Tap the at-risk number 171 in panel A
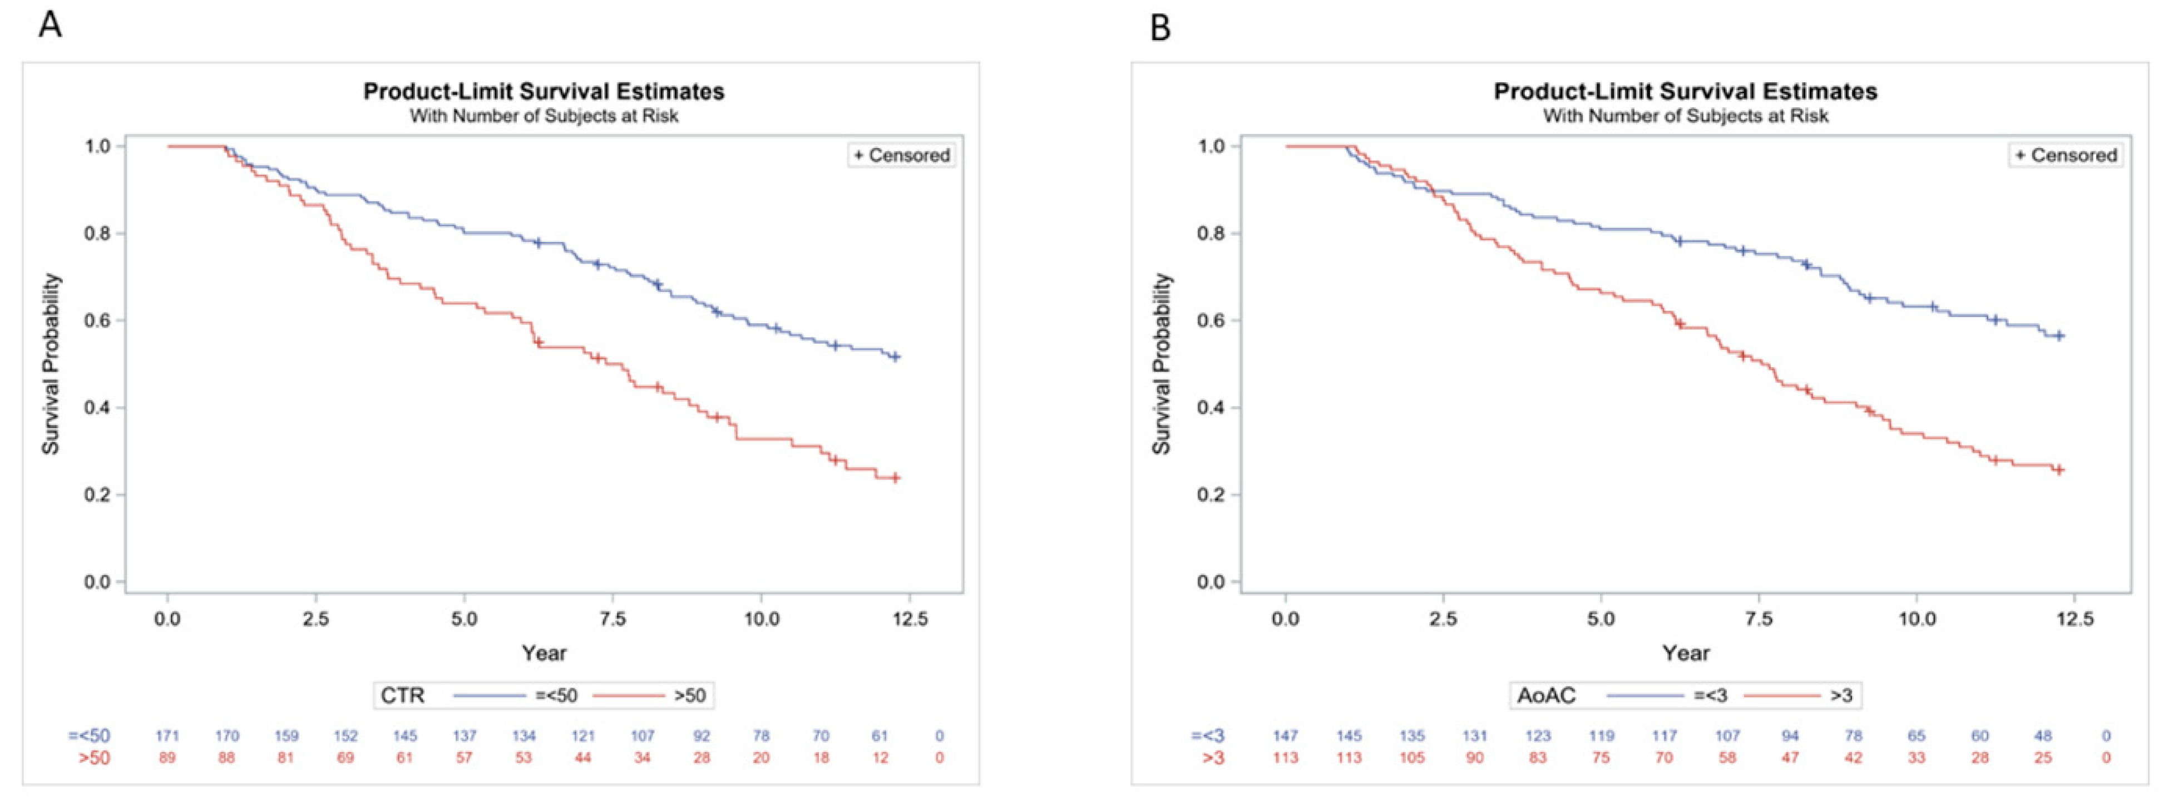click(167, 735)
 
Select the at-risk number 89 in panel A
click(167, 758)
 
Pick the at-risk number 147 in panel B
click(1285, 735)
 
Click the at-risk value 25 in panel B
click(2042, 758)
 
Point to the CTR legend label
click(403, 695)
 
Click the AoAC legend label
click(1546, 695)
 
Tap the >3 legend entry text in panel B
click(1840, 695)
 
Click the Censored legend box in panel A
click(902, 155)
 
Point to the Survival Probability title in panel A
click(51, 364)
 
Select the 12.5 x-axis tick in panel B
click(2074, 619)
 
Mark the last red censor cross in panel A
click(895, 478)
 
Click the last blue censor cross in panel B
click(2058, 336)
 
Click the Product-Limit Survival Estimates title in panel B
click(1685, 92)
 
